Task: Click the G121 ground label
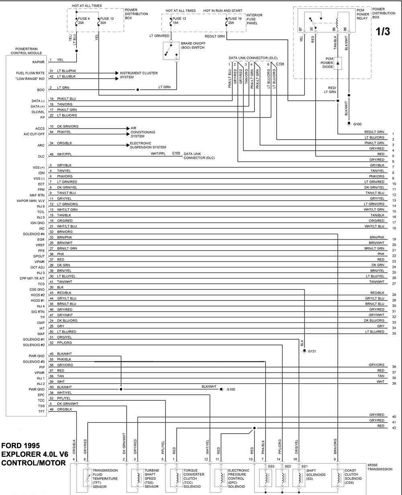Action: click(x=312, y=351)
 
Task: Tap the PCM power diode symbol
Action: click(x=338, y=63)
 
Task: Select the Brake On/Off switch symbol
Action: click(x=171, y=51)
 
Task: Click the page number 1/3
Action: click(x=383, y=31)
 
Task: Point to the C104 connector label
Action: click(x=280, y=64)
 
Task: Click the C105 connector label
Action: click(x=176, y=153)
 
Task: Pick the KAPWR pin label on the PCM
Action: click(x=39, y=62)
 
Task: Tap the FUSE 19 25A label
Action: click(x=234, y=21)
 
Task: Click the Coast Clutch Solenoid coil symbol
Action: click(x=338, y=478)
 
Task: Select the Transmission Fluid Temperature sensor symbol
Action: click(x=88, y=478)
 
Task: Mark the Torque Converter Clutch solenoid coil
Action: click(x=176, y=478)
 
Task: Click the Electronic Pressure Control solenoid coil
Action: click(x=221, y=478)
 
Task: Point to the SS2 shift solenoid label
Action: click(x=288, y=467)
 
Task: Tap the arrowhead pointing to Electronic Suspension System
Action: click(x=128, y=145)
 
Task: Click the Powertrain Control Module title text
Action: click(x=26, y=51)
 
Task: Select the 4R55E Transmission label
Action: click(x=379, y=467)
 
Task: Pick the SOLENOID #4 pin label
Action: click(x=34, y=234)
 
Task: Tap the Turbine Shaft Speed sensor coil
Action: click(x=137, y=478)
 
